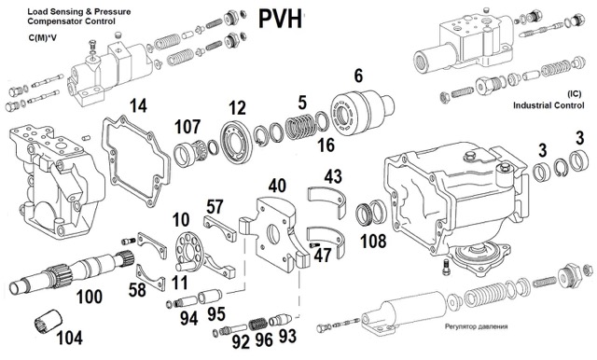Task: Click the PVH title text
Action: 280,19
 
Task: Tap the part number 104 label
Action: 70,338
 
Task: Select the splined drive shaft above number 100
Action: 73,271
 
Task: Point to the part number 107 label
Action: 187,127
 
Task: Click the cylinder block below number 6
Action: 362,112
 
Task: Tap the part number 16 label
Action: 326,145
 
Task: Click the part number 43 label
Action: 333,176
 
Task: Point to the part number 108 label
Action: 373,241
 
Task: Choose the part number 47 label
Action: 323,256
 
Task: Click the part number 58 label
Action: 137,290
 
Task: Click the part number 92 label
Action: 241,341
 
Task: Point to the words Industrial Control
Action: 548,105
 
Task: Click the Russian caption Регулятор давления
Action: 476,326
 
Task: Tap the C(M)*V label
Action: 42,38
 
